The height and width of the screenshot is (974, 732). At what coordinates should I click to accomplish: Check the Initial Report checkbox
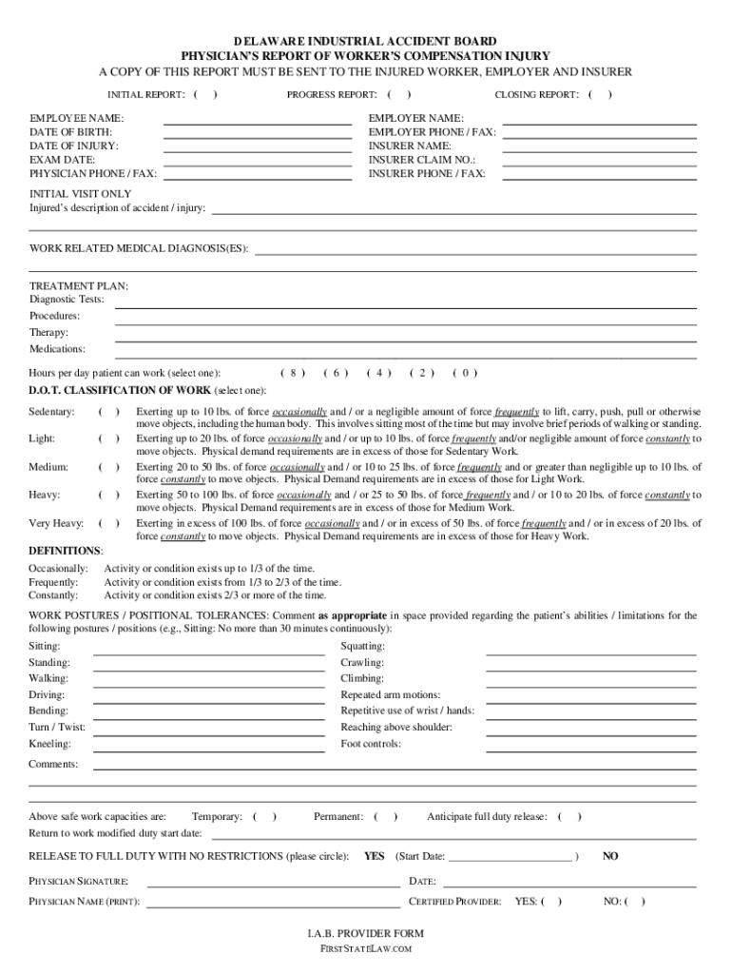click(205, 95)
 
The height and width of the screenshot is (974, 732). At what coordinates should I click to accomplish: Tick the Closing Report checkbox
click(600, 95)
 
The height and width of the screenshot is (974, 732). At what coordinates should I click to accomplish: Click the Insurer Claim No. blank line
click(599, 160)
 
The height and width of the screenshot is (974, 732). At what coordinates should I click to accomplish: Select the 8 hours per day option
click(294, 373)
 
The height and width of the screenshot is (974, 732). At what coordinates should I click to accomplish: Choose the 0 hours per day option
click(465, 373)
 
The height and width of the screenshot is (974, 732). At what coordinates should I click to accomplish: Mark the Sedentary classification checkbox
click(109, 412)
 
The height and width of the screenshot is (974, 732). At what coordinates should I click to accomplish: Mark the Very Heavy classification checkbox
click(109, 523)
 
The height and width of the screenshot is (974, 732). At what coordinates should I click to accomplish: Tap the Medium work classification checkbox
click(109, 467)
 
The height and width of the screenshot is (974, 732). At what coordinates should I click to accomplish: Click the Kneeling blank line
click(208, 744)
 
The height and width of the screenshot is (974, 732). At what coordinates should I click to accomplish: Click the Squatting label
click(362, 647)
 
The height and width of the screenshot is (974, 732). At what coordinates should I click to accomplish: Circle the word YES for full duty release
click(375, 856)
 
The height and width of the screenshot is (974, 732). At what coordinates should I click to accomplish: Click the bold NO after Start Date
click(610, 856)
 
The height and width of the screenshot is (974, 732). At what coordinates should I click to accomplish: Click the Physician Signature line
click(272, 882)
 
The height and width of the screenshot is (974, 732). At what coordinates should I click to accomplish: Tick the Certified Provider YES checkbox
click(551, 902)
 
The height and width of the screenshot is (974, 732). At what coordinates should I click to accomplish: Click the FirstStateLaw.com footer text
click(365, 949)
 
